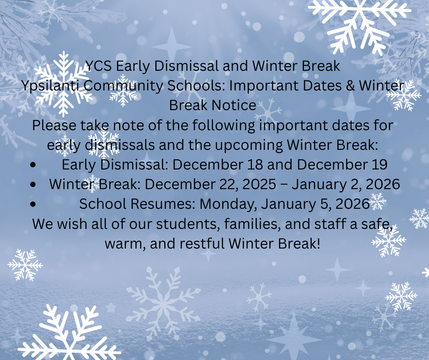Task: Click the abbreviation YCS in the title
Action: pyautogui.click(x=98, y=66)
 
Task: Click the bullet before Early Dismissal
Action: pyautogui.click(x=33, y=165)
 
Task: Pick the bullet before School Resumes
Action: pyautogui.click(x=33, y=204)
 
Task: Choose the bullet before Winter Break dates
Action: pyautogui.click(x=33, y=185)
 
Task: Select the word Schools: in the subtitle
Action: pyautogui.click(x=196, y=86)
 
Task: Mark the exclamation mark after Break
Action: pyautogui.click(x=319, y=244)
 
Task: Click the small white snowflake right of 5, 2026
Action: pyautogui.click(x=377, y=201)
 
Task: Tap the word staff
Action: pyautogui.click(x=330, y=224)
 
